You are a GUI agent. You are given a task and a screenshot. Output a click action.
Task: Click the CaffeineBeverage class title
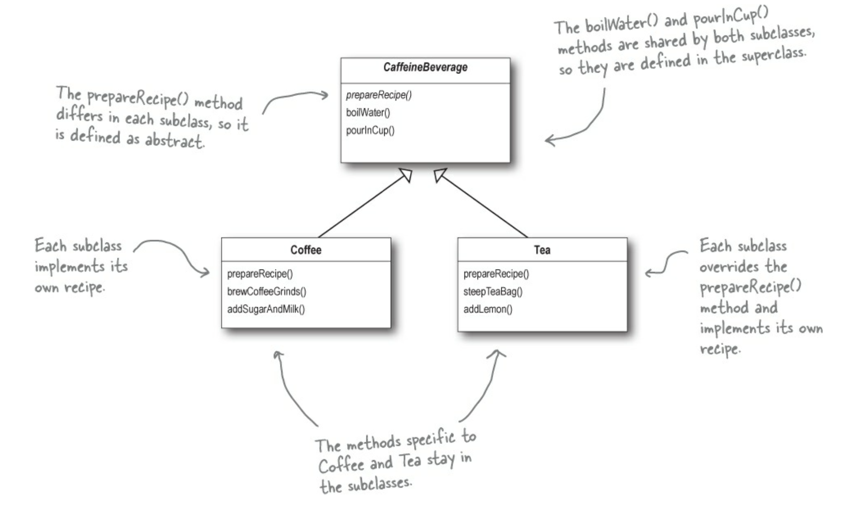click(x=425, y=67)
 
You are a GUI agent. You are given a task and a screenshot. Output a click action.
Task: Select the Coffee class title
click(x=306, y=250)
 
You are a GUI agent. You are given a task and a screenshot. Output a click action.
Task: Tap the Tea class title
click(x=542, y=250)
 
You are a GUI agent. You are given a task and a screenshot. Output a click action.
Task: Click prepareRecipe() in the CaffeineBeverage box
click(x=379, y=95)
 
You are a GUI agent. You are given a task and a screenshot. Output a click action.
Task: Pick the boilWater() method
click(x=368, y=112)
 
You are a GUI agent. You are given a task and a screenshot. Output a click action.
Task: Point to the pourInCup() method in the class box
click(x=370, y=130)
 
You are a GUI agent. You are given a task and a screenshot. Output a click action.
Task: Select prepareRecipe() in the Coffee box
click(x=260, y=274)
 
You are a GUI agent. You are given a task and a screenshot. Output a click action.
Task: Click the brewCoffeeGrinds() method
click(x=267, y=292)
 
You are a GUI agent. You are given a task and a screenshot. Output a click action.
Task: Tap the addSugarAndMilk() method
click(x=266, y=309)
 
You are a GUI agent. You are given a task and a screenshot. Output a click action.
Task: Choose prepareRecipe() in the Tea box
click(x=496, y=274)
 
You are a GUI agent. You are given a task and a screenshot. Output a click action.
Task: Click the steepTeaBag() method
click(x=493, y=292)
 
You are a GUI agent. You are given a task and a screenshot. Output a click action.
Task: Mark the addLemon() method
click(x=488, y=309)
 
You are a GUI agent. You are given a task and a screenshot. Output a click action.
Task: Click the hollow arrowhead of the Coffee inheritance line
click(x=406, y=174)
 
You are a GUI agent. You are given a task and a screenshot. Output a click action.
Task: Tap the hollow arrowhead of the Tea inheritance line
click(x=440, y=174)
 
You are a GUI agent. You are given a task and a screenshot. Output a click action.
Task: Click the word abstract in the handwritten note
click(x=174, y=140)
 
